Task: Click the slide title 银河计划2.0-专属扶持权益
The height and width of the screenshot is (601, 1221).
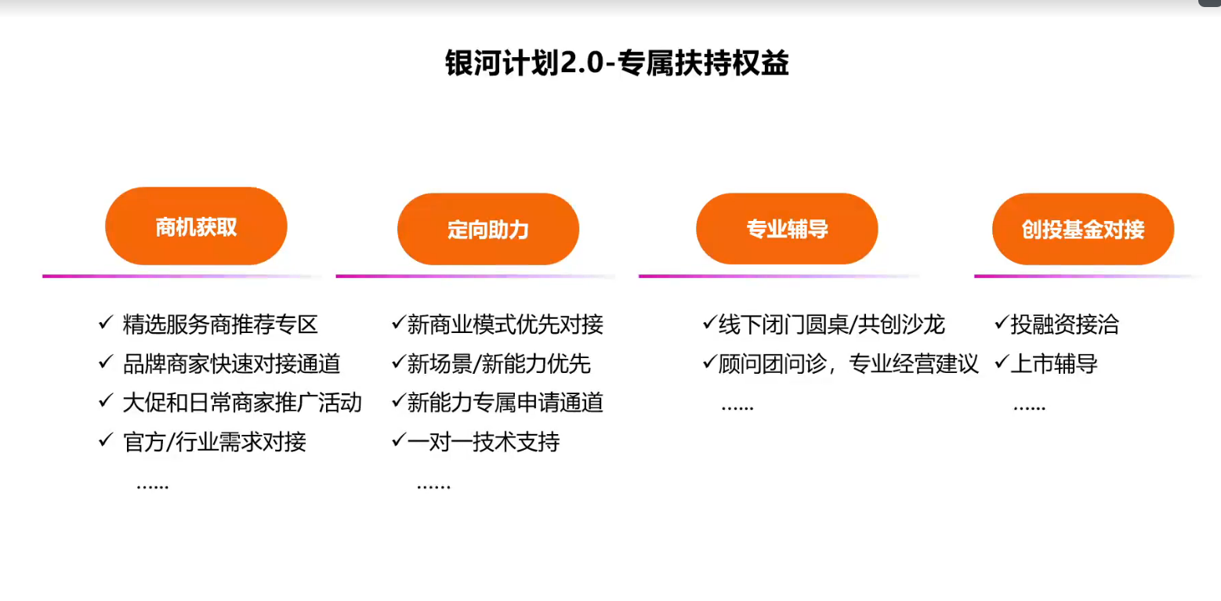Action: pyautogui.click(x=617, y=63)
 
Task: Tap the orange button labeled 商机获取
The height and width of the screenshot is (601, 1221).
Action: pyautogui.click(x=196, y=226)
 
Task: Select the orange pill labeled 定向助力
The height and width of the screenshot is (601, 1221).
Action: pyautogui.click(x=488, y=229)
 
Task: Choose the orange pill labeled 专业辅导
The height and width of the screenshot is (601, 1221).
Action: pyautogui.click(x=787, y=229)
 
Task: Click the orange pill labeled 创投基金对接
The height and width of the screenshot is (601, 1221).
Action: pyautogui.click(x=1083, y=229)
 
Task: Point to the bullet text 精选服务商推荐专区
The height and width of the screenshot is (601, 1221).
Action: pyautogui.click(x=220, y=324)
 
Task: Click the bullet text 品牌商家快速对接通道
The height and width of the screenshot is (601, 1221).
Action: pyautogui.click(x=232, y=364)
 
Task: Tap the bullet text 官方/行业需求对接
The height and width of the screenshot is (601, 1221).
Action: pyautogui.click(x=214, y=442)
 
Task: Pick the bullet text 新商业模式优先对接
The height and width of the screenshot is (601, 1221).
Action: pyautogui.click(x=505, y=324)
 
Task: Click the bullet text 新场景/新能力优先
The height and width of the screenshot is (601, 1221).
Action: pyautogui.click(x=498, y=364)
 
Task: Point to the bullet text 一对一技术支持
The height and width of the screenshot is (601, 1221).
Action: pyautogui.click(x=484, y=442)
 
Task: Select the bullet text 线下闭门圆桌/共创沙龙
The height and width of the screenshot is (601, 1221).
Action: pyautogui.click(x=832, y=324)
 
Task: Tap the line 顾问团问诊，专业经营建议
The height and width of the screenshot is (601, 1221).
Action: pyautogui.click(x=849, y=364)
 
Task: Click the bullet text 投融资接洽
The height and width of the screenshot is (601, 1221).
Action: pyautogui.click(x=1065, y=324)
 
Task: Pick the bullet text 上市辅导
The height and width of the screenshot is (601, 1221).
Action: pyautogui.click(x=1054, y=364)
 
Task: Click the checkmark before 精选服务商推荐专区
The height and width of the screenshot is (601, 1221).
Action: pyautogui.click(x=106, y=323)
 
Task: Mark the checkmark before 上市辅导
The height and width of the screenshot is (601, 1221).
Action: pyautogui.click(x=1002, y=362)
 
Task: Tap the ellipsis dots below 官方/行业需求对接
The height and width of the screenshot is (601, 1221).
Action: pyautogui.click(x=153, y=486)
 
